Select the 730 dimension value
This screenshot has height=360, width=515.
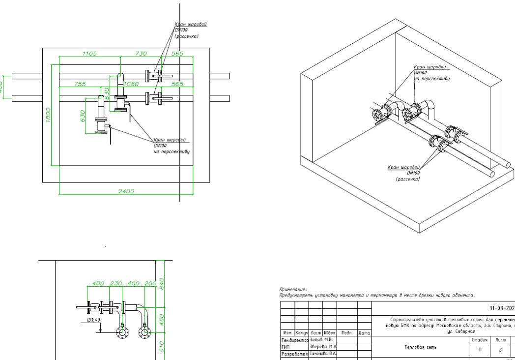pos(141,53)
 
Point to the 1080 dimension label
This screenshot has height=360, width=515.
pos(132,84)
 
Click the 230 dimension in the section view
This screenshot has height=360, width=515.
pos(116,283)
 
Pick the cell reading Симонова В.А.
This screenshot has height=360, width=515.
pos(322,353)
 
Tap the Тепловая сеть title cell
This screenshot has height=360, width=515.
pos(420,346)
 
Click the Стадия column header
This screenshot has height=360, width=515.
pos(479,339)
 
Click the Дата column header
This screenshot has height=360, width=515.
pos(364,333)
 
